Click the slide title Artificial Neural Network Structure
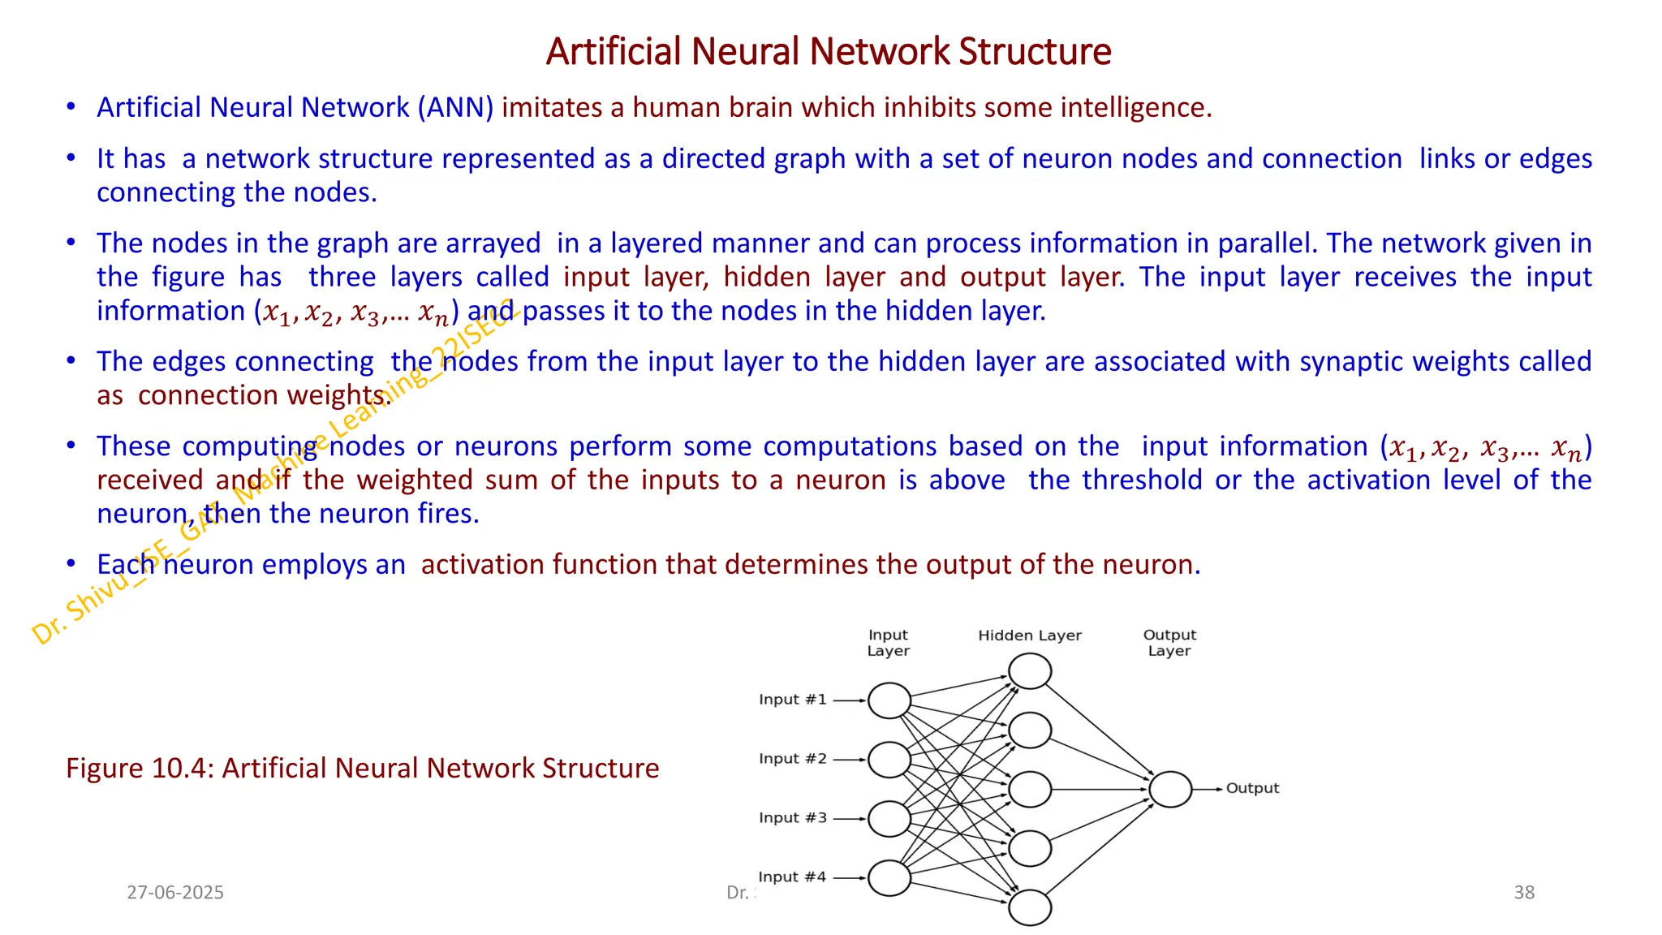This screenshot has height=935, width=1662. (829, 51)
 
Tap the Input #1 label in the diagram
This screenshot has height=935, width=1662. (793, 700)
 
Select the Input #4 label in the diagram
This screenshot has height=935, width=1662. (792, 877)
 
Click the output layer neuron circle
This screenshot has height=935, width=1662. (1170, 789)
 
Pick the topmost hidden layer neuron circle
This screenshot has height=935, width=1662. (1030, 671)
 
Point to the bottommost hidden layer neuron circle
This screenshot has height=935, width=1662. (1030, 907)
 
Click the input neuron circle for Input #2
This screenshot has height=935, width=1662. (889, 760)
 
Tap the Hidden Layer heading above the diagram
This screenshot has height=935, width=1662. (1030, 636)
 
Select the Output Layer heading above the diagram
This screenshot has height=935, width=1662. (1169, 643)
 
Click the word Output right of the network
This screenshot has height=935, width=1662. (1252, 788)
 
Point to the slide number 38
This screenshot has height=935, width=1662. (1524, 892)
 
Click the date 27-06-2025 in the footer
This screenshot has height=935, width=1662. (175, 892)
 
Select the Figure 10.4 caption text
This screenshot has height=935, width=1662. (362, 768)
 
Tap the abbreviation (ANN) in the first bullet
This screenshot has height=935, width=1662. (455, 107)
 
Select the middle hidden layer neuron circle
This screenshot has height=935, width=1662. (1030, 789)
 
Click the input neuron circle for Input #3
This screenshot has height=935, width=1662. (889, 819)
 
